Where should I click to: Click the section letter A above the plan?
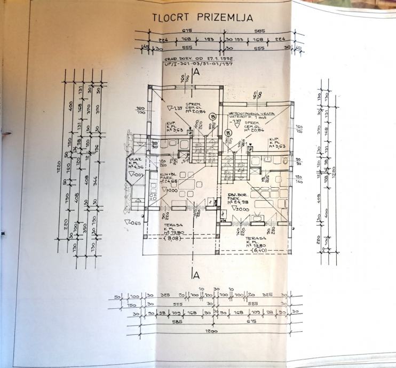click(x=196, y=71)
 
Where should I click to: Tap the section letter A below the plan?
click(x=196, y=275)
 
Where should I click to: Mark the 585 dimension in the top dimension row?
click(x=259, y=30)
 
